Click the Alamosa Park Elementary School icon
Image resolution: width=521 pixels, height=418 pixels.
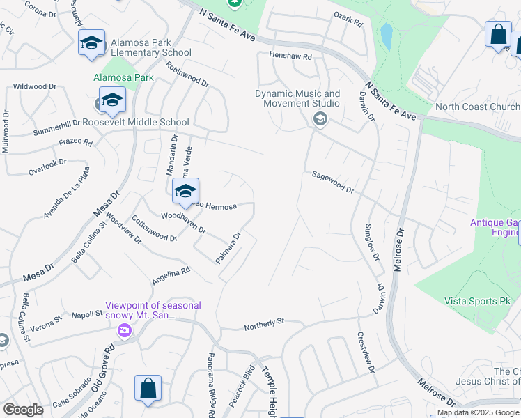(91, 43)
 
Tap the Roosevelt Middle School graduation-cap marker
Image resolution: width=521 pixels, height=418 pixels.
(112, 100)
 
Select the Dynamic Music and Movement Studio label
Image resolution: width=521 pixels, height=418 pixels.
(297, 98)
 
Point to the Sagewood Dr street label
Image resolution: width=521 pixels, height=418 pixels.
(333, 184)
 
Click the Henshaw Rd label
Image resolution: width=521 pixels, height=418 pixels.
(286, 56)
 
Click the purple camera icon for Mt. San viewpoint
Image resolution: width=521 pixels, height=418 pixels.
(124, 331)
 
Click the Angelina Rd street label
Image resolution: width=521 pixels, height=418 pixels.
(171, 277)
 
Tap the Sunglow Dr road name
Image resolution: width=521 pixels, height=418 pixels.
(371, 242)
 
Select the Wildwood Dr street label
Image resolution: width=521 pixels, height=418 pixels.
(34, 86)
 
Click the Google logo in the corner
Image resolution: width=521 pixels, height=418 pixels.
(23, 410)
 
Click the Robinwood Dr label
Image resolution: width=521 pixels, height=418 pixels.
(187, 73)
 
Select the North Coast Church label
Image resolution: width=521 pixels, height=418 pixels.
(478, 107)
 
